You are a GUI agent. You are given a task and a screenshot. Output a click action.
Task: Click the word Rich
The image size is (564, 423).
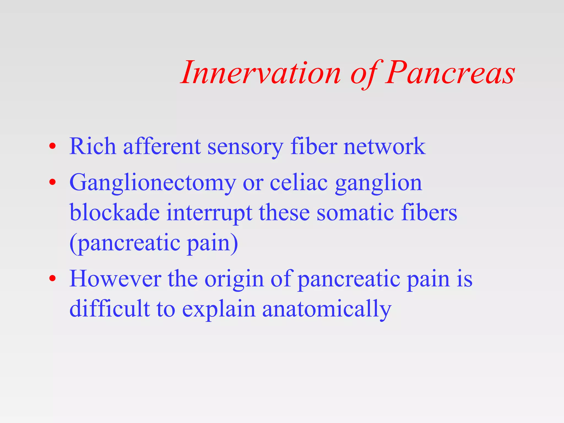(93, 146)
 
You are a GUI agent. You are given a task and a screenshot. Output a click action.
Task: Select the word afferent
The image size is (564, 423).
(162, 146)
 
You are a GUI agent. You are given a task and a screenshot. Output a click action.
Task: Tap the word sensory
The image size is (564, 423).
(245, 147)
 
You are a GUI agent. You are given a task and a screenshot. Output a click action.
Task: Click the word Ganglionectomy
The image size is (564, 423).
(153, 183)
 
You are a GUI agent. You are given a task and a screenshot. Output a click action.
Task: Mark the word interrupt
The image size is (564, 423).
(209, 213)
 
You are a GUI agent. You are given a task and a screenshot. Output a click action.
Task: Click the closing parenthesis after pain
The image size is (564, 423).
(234, 243)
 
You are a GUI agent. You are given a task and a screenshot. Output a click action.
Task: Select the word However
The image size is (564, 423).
(115, 279)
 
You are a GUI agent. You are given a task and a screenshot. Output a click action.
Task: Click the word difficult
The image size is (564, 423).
(110, 308)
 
